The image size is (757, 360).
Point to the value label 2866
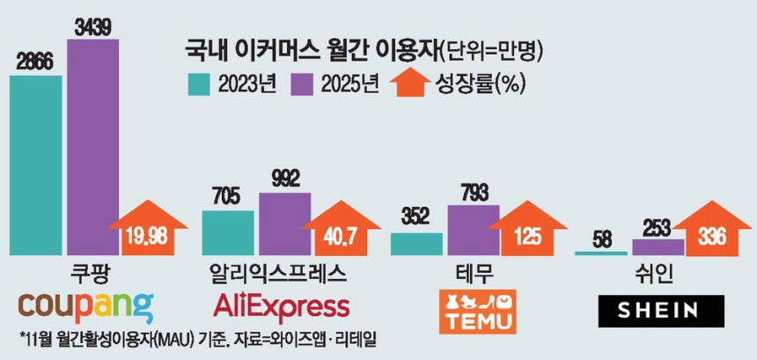pos(36,64)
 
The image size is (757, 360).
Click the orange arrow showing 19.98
pos(146,233)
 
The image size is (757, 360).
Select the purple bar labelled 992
pos(284,224)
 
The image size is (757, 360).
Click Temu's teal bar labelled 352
pos(416,244)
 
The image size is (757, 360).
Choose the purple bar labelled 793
pos(474,230)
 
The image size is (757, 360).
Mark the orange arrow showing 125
pos(529,235)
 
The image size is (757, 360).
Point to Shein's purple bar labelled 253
pos(658,246)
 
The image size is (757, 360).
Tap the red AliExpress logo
pos(282,306)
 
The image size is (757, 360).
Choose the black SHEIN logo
pos(659,309)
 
